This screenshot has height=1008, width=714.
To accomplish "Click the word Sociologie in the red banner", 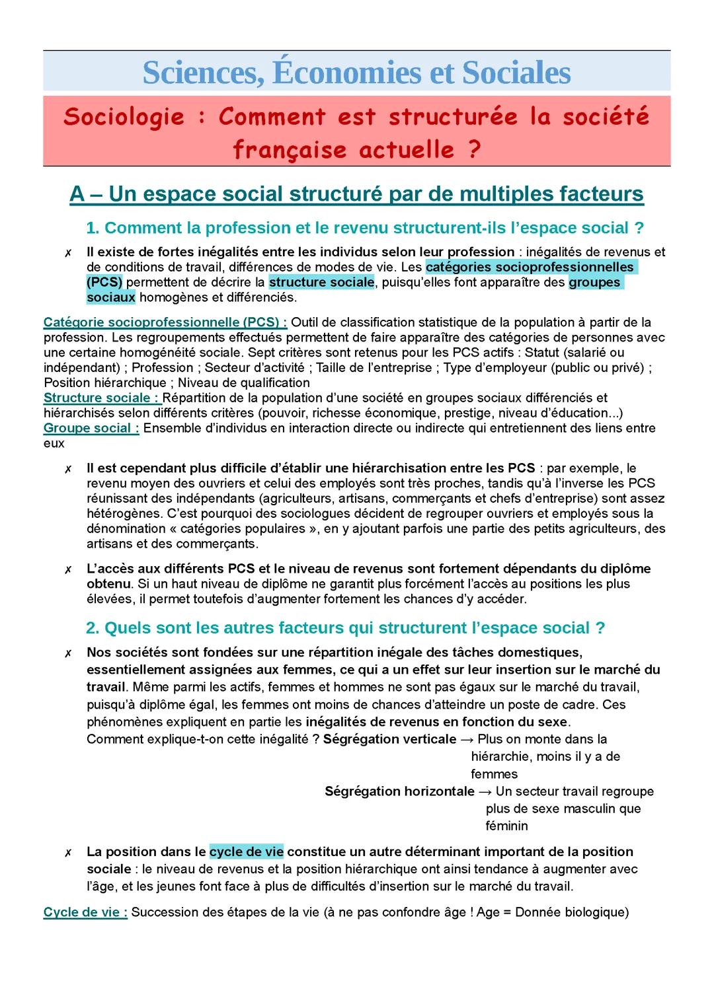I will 124,117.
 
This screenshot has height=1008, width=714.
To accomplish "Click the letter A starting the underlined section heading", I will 77,194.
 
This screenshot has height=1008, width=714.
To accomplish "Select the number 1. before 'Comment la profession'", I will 93,228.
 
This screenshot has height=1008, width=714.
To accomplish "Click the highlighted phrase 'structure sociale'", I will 322,282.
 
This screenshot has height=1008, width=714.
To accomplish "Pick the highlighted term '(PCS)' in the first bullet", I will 104,282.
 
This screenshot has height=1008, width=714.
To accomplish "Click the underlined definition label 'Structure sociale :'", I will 101,398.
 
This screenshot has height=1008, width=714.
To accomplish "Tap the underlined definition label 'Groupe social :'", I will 91,428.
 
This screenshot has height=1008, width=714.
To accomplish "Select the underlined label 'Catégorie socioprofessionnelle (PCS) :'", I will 165,322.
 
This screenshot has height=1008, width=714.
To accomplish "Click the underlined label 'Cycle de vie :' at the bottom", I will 85,912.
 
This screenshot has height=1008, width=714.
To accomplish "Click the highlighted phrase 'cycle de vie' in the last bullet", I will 246,851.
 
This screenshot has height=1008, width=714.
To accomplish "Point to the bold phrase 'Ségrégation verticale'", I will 389,739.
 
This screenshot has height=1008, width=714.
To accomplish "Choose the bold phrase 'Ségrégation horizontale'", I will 399,791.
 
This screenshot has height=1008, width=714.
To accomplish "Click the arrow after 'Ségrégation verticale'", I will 467,739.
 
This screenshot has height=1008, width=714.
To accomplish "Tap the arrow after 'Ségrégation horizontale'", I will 485,791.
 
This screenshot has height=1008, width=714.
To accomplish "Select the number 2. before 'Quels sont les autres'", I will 93,628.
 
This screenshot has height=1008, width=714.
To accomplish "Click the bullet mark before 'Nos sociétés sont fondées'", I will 68,654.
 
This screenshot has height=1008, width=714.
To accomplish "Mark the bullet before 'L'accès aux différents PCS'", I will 68,570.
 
